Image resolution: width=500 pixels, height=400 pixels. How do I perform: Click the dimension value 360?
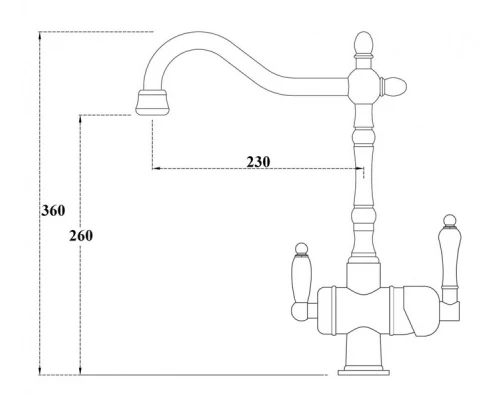click(x=52, y=211)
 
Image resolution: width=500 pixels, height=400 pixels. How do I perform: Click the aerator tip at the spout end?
click(x=150, y=101)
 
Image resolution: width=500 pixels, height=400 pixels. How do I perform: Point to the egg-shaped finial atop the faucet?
click(x=364, y=44)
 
